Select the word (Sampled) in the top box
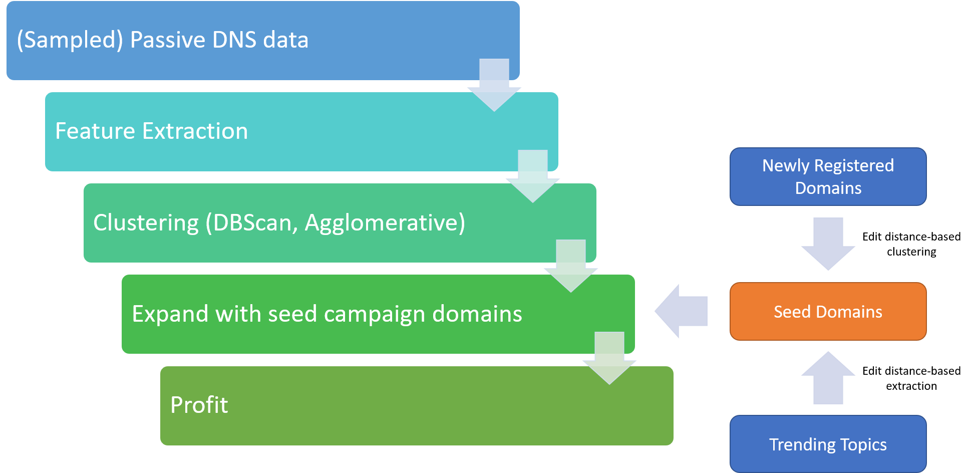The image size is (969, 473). [x=70, y=40]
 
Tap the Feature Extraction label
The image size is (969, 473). [x=151, y=131]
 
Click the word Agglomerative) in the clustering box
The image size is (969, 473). [x=385, y=222]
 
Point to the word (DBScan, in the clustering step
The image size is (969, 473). [x=252, y=222]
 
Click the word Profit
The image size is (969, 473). [x=199, y=405]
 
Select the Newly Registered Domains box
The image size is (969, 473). [x=828, y=176]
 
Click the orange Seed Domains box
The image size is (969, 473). [x=828, y=311]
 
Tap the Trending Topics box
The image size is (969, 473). [x=828, y=444]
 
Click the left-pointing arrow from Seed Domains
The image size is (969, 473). [x=681, y=311]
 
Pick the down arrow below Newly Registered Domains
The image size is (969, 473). [x=828, y=244]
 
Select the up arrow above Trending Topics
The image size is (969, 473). [x=828, y=378]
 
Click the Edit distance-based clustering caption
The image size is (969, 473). [x=911, y=244]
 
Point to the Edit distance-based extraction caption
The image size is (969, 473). [x=911, y=378]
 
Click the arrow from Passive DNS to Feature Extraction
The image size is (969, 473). [x=494, y=85]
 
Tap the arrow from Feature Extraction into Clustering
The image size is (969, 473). [x=533, y=176]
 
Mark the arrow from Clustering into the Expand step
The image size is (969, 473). [x=571, y=266]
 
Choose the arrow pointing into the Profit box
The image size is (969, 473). [x=609, y=358]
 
